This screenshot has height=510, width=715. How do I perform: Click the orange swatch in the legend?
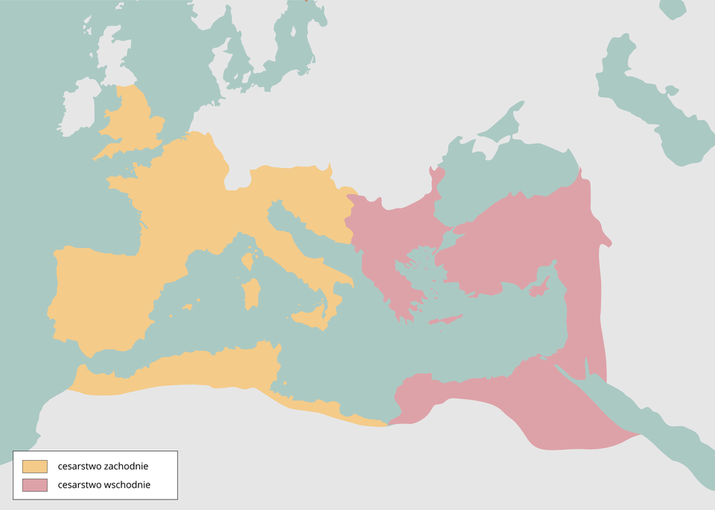pyautogui.click(x=34, y=466)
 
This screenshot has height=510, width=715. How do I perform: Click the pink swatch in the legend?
pyautogui.click(x=34, y=485)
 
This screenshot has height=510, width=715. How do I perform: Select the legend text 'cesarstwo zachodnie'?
pyautogui.click(x=103, y=466)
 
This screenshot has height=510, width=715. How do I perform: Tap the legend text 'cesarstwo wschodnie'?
pyautogui.click(x=104, y=485)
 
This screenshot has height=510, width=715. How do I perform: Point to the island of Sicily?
pyautogui.click(x=312, y=319)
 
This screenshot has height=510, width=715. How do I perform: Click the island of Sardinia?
pyautogui.click(x=252, y=294)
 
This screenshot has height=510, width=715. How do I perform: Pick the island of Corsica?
pyautogui.click(x=247, y=261)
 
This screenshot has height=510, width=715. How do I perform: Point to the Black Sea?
pyautogui.click(x=506, y=179)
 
